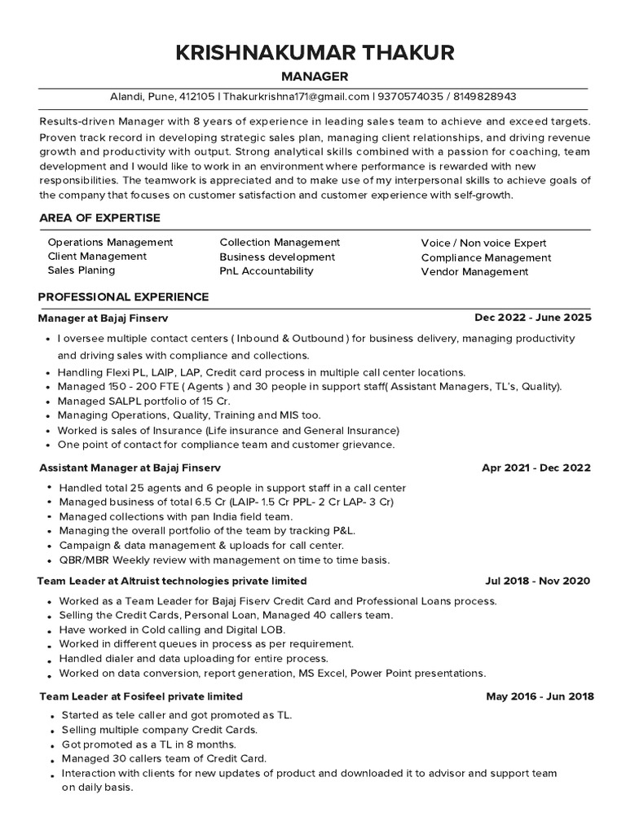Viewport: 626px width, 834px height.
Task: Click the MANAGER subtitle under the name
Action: point(314,77)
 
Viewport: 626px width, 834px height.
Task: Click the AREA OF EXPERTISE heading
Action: point(99,217)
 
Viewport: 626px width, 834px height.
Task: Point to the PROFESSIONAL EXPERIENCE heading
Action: point(124,296)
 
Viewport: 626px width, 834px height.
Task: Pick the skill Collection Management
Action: point(280,243)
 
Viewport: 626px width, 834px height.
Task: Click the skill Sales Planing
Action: point(82,270)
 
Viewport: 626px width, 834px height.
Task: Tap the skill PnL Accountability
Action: point(267,270)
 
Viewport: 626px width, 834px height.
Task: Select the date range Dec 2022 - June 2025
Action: point(533,318)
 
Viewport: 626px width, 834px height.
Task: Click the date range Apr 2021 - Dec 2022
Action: point(536,468)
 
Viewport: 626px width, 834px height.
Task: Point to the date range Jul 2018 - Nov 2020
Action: point(537,582)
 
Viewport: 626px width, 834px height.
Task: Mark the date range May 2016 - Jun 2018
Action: point(540,696)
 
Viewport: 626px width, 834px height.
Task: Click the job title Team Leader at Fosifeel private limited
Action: point(141,696)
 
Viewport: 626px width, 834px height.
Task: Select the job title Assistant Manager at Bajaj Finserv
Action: point(130,468)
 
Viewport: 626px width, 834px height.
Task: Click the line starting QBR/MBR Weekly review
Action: point(223,560)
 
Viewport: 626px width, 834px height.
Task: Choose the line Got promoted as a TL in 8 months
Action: point(148,744)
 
